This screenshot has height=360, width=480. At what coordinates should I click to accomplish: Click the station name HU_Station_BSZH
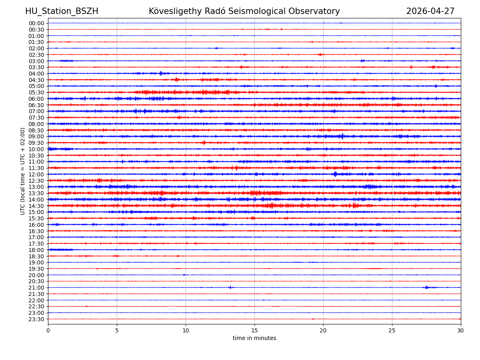pos(62,12)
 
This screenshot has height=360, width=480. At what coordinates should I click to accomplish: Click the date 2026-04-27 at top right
pos(430,12)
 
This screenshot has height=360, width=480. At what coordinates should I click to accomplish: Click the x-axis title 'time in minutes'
pos(254,338)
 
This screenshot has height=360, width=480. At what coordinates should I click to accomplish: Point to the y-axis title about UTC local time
pos(23,171)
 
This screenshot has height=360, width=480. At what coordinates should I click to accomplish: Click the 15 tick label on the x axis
pos(254,331)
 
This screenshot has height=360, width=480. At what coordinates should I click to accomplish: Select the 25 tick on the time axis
pos(392,331)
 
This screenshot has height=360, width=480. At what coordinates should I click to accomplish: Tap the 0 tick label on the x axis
pos(48,331)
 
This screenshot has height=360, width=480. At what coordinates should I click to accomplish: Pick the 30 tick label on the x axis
pos(461,331)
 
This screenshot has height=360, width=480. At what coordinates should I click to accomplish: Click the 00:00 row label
pos(36,23)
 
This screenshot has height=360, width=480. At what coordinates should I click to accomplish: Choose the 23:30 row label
pos(36,319)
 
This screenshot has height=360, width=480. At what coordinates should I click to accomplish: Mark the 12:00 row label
pos(36,174)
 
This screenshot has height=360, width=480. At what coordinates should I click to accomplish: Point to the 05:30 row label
pos(36,92)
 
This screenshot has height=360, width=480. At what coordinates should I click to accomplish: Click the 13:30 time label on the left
pos(36,193)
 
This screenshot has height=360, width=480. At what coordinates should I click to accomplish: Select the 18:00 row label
pos(36,250)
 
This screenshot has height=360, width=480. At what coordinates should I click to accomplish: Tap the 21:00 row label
pos(36,288)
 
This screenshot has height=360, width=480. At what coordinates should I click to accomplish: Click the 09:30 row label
pos(36,143)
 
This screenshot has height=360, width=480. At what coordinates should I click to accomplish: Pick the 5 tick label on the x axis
pos(117,331)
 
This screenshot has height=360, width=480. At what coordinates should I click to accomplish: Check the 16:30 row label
pos(36,231)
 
